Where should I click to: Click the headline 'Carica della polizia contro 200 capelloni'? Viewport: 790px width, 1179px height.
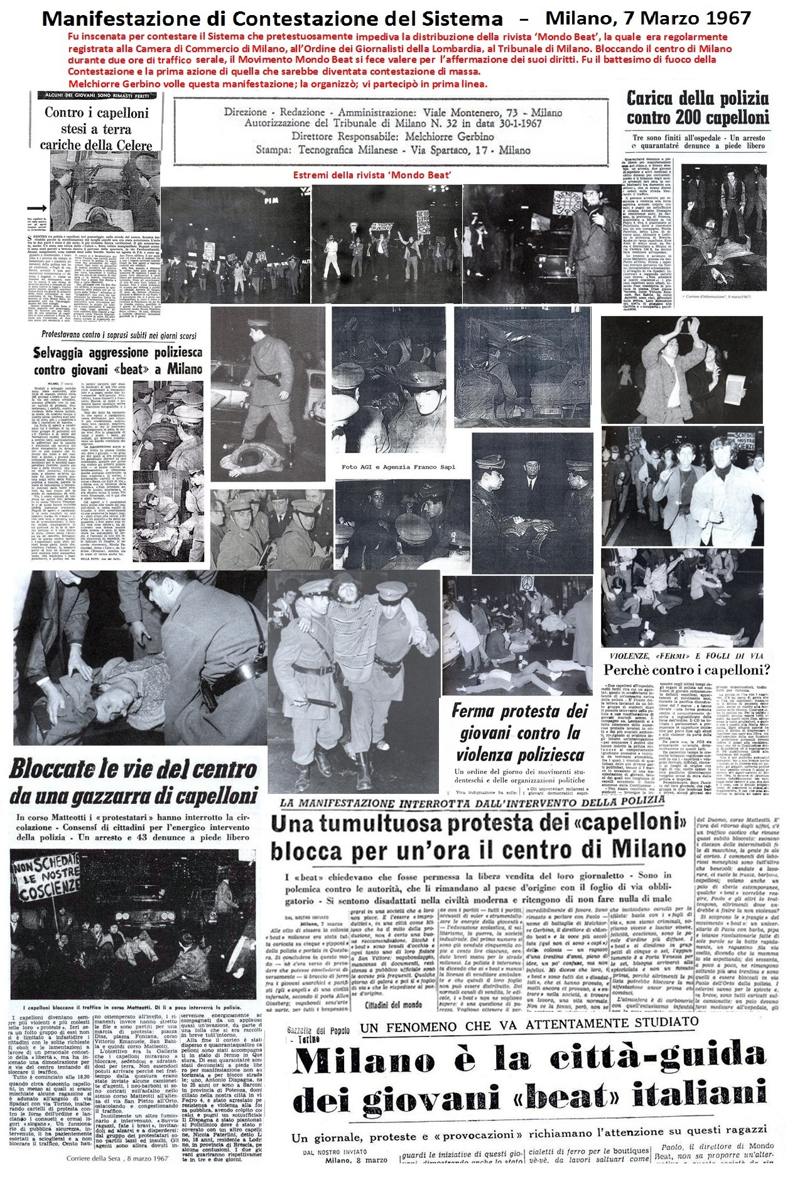tap(697, 107)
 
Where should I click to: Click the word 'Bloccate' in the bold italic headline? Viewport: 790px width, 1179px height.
tap(62, 769)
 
